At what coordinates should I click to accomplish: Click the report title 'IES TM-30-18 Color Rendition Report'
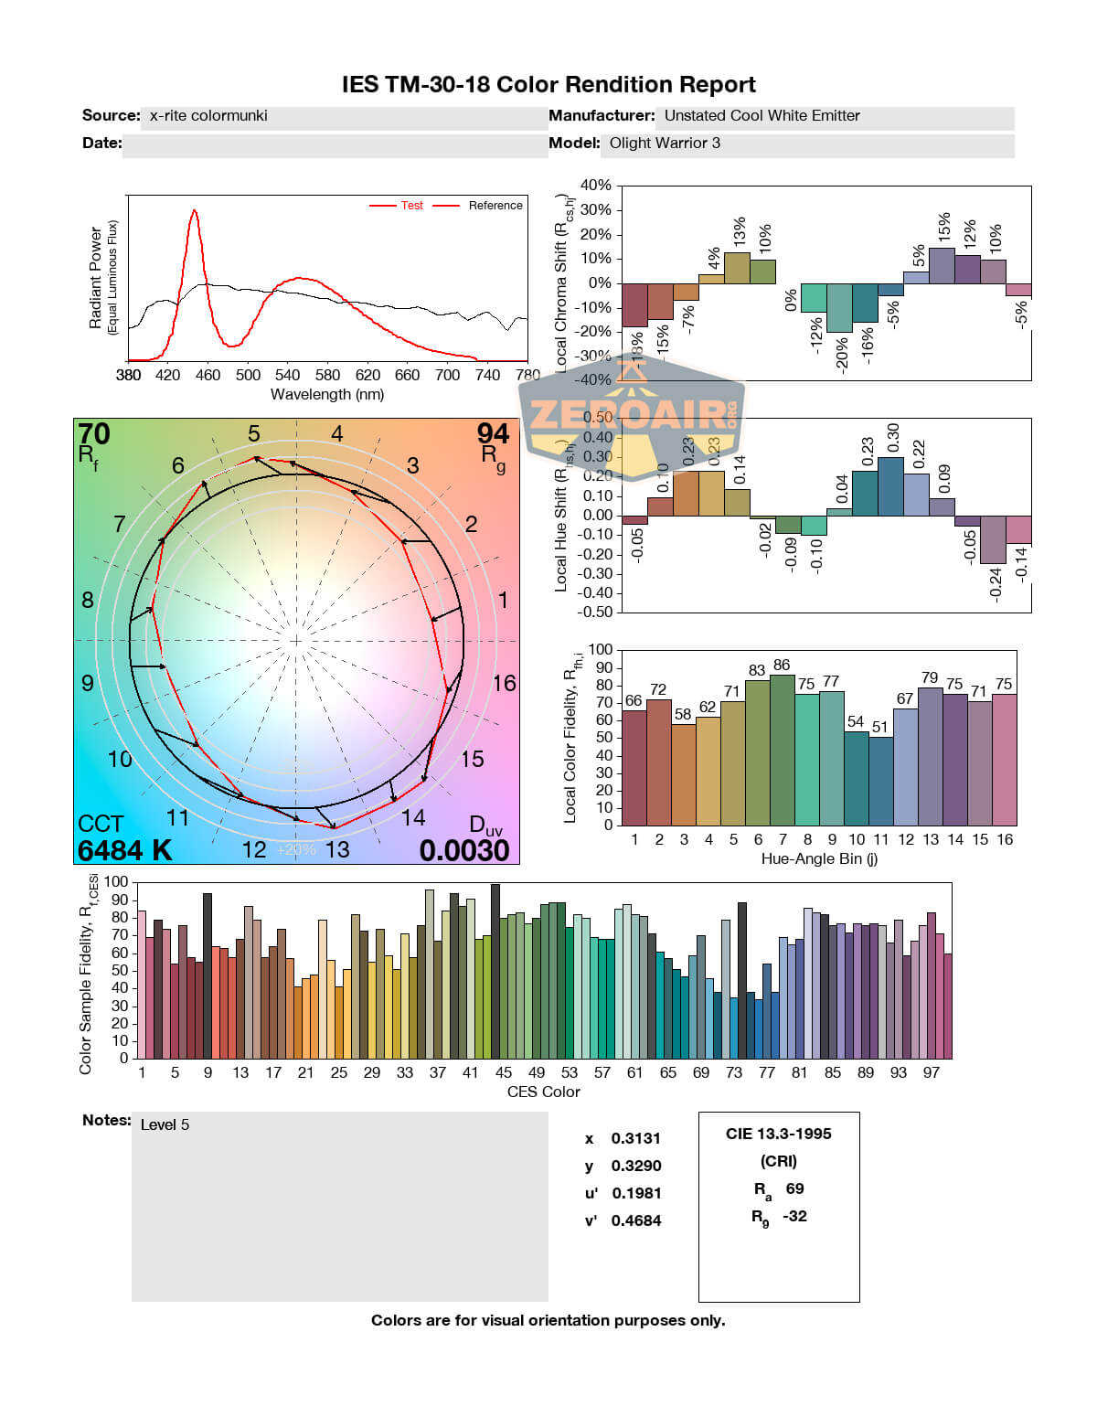click(548, 85)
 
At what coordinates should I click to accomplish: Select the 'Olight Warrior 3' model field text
click(665, 144)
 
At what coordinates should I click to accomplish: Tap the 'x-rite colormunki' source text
click(208, 116)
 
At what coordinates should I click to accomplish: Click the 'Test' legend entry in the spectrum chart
click(411, 206)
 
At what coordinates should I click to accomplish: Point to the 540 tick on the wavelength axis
click(287, 375)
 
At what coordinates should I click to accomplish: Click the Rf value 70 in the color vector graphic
click(93, 433)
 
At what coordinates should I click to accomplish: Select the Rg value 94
click(493, 433)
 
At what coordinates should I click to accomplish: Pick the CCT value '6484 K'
click(124, 850)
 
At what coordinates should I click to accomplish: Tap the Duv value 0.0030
click(464, 850)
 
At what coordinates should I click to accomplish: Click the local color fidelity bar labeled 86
click(782, 750)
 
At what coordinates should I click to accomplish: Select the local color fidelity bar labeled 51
click(880, 781)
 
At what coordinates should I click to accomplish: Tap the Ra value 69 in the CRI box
click(794, 1188)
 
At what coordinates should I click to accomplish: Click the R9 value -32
click(794, 1216)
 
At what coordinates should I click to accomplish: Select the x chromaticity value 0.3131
click(635, 1138)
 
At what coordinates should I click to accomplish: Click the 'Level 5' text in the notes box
click(165, 1124)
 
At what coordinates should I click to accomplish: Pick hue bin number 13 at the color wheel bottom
click(337, 849)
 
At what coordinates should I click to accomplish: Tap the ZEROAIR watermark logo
click(631, 416)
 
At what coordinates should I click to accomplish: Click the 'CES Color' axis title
click(543, 1092)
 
